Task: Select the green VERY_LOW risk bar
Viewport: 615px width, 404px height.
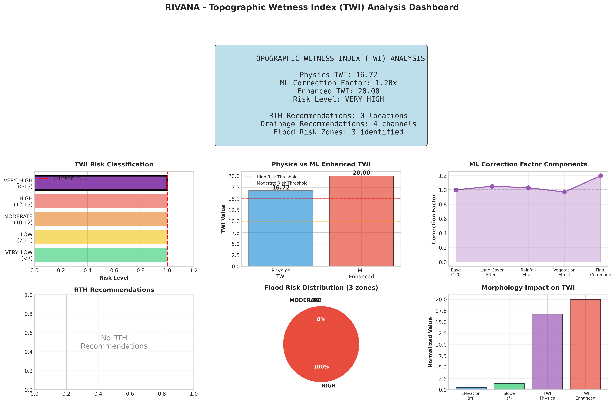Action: point(101,255)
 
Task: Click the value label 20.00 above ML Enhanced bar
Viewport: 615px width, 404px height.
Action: point(361,173)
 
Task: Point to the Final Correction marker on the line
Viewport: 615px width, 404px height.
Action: point(601,176)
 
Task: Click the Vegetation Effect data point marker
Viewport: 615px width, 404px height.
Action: point(564,192)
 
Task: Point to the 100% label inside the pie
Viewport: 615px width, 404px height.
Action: point(321,367)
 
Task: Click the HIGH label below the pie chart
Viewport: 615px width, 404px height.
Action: point(328,386)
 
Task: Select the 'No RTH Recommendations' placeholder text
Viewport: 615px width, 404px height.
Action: point(114,342)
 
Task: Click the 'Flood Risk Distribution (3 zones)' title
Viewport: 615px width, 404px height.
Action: point(321,288)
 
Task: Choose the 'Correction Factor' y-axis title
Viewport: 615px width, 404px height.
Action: point(434,219)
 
